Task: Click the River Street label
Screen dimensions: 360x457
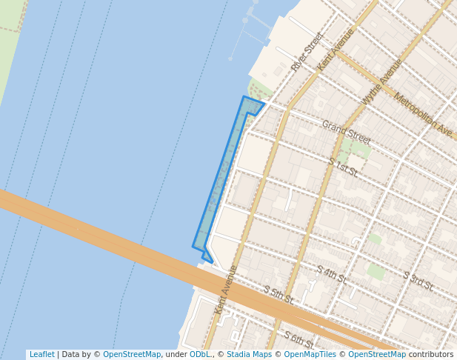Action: point(307,52)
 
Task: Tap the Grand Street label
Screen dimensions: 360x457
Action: point(346,132)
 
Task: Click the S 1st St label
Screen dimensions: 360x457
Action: point(343,167)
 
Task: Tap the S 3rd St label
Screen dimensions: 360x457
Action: point(418,281)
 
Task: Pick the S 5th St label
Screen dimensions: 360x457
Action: point(278,295)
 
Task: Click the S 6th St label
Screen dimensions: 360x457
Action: point(298,339)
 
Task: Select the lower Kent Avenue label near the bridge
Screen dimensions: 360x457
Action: point(227,290)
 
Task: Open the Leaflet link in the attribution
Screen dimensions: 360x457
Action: point(41,354)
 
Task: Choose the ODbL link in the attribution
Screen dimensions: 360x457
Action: point(200,354)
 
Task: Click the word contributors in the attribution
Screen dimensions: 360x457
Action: point(431,354)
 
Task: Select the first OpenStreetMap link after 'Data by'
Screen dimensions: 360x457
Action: point(132,354)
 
